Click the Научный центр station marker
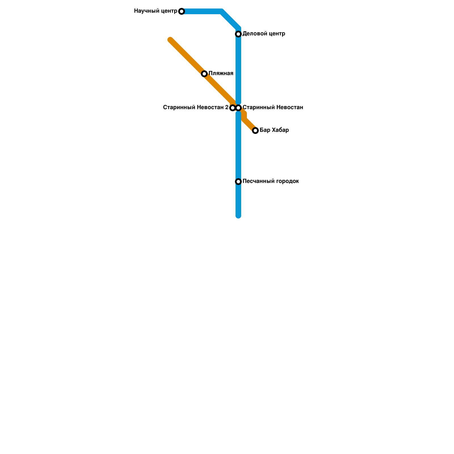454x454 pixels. click(x=182, y=11)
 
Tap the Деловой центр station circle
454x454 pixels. click(x=238, y=34)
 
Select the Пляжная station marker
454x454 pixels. click(x=204, y=74)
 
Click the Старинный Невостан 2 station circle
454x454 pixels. click(x=233, y=108)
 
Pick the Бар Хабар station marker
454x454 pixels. click(x=255, y=131)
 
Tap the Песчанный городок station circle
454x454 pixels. click(x=238, y=182)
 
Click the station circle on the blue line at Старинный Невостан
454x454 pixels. click(x=239, y=108)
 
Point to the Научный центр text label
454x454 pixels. click(x=155, y=11)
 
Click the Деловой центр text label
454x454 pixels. click(x=264, y=34)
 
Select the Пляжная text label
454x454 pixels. click(x=221, y=73)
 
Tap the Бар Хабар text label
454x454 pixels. click(x=274, y=130)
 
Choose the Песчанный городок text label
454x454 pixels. click(x=271, y=181)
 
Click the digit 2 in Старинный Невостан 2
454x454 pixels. click(x=227, y=108)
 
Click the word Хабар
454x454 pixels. click(x=280, y=130)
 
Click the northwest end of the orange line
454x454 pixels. click(x=170, y=40)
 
